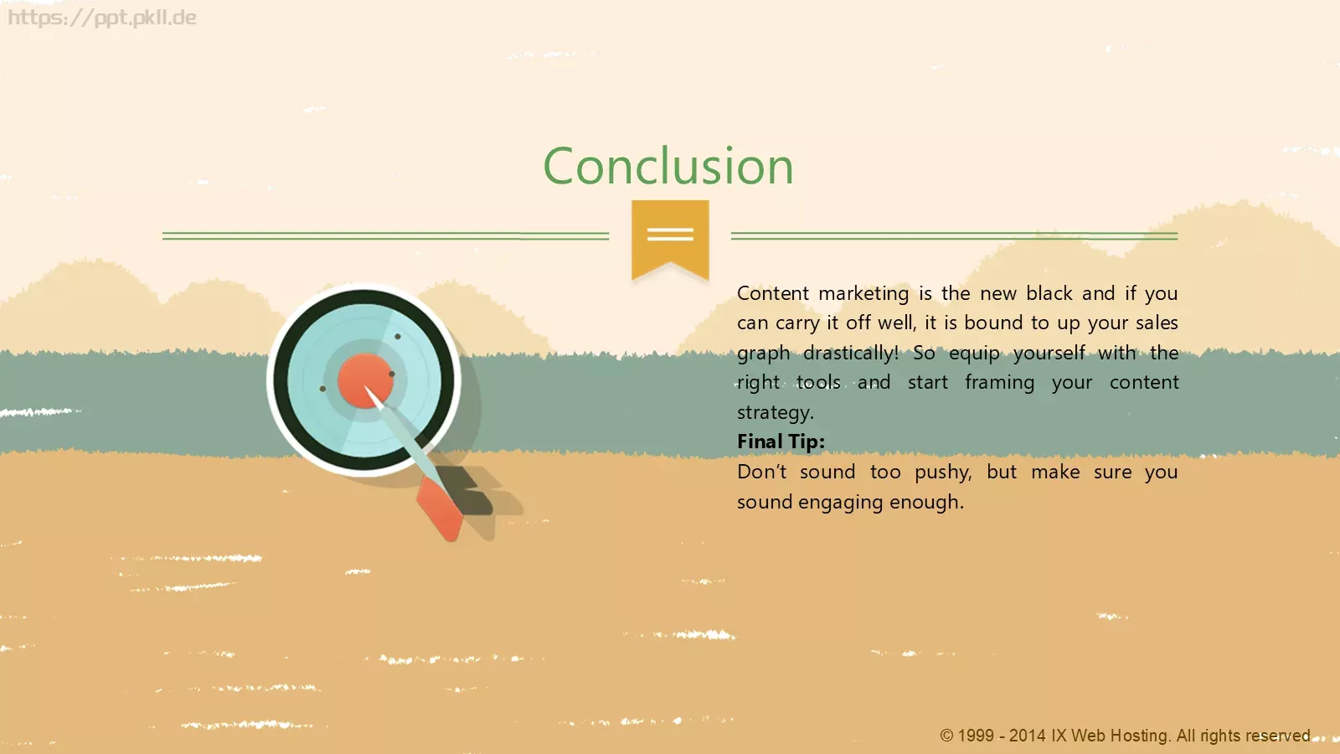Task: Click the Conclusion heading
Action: coord(668,166)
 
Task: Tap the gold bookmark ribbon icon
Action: coord(670,239)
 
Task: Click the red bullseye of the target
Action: coord(365,380)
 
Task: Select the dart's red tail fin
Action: coord(441,509)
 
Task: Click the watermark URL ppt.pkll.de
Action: coord(101,18)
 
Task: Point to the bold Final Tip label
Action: coord(781,442)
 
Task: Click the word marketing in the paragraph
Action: coord(863,294)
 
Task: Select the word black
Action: coord(1049,293)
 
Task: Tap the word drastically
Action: coord(850,353)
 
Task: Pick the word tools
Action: coord(818,382)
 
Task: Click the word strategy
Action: coord(776,412)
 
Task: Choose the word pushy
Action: coord(943,473)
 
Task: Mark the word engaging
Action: coord(841,502)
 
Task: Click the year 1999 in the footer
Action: coord(976,736)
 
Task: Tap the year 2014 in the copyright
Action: coord(1027,736)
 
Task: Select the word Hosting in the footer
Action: coord(1140,736)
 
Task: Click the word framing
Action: coord(1000,383)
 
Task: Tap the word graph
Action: coord(763,353)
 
